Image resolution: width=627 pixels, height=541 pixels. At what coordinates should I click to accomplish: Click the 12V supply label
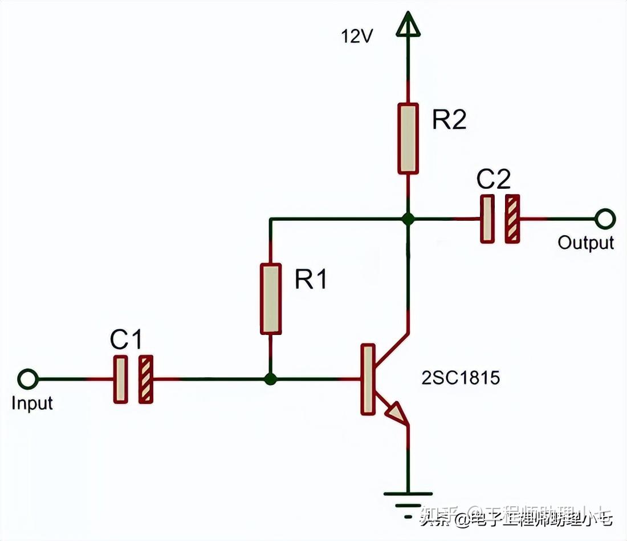click(x=357, y=37)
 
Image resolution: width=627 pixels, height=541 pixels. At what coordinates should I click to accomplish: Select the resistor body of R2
click(x=408, y=138)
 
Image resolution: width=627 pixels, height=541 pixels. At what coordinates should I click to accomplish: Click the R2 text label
click(x=449, y=120)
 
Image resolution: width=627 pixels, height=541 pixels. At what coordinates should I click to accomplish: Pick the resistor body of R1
click(x=271, y=298)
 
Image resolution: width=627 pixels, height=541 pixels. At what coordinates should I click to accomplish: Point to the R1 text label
click(x=311, y=280)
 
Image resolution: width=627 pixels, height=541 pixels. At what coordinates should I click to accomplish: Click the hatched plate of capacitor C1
click(x=146, y=379)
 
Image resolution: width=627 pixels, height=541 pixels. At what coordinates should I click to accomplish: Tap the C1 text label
click(x=126, y=340)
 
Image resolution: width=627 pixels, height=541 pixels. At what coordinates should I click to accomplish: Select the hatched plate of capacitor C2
click(x=513, y=219)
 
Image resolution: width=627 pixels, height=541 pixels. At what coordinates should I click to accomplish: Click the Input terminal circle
click(x=27, y=379)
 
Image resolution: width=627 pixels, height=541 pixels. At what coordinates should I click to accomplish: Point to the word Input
click(x=32, y=403)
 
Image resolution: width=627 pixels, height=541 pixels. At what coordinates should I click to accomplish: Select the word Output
click(x=586, y=243)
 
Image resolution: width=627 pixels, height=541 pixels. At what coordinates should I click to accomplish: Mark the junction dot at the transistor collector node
click(x=408, y=219)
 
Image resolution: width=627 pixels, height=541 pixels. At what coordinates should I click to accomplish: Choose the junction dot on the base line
click(x=271, y=379)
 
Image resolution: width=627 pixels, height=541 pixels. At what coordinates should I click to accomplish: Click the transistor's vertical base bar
click(x=368, y=379)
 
